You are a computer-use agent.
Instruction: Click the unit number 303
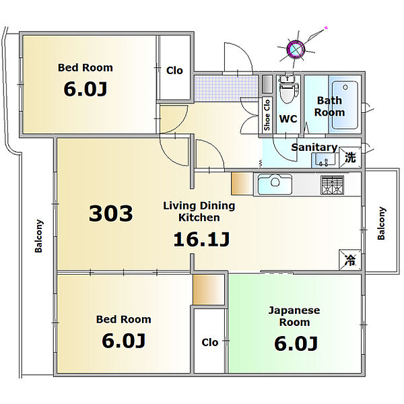click(111, 213)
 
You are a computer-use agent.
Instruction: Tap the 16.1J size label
click(201, 239)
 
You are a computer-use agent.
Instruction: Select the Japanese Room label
click(294, 316)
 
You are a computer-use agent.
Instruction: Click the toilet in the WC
click(289, 89)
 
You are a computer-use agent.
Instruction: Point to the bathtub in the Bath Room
click(345, 105)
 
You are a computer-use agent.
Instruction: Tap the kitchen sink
click(275, 184)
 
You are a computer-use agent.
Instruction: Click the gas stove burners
click(332, 184)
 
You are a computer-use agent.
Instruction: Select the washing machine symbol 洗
click(350, 157)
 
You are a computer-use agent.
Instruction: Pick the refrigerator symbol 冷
click(350, 260)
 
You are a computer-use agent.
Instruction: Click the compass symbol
click(296, 48)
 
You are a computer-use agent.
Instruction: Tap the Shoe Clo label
click(267, 115)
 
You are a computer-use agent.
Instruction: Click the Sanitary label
click(314, 147)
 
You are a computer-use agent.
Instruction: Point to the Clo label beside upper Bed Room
click(174, 70)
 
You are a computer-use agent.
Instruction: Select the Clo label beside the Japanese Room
click(209, 343)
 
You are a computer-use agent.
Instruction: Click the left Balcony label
click(38, 236)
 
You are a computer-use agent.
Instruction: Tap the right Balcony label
click(381, 223)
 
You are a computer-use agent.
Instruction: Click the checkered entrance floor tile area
click(226, 88)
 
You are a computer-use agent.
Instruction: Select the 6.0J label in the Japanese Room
click(296, 343)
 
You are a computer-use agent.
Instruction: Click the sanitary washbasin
click(324, 160)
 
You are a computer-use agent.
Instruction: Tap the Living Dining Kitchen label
click(199, 211)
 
